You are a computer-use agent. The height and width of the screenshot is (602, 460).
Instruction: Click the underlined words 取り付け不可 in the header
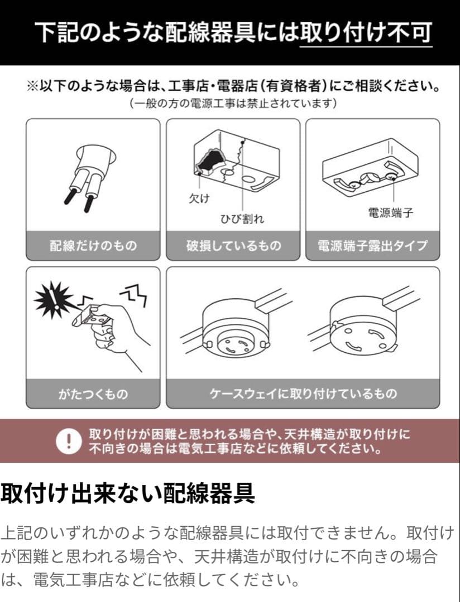[366, 32]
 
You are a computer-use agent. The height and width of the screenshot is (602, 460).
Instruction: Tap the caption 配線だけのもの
[93, 246]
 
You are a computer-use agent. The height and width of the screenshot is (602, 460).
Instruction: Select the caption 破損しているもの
[233, 246]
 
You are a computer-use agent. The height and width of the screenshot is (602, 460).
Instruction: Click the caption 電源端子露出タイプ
[372, 246]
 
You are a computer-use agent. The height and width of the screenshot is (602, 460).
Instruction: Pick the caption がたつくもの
[93, 394]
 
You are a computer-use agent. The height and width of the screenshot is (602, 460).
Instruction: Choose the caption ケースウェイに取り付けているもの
[303, 394]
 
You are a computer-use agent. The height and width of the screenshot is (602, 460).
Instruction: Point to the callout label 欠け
[199, 198]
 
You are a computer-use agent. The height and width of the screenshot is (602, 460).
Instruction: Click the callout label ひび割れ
[242, 219]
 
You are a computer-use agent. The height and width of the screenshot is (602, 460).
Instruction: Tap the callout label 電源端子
[390, 212]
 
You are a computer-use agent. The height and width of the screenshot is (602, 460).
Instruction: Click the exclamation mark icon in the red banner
[69, 441]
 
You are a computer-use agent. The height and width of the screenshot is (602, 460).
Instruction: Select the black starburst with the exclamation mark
[54, 299]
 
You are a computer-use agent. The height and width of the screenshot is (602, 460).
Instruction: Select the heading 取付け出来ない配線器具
[128, 493]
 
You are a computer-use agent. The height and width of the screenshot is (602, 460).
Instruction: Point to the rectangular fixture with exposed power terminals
[370, 167]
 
